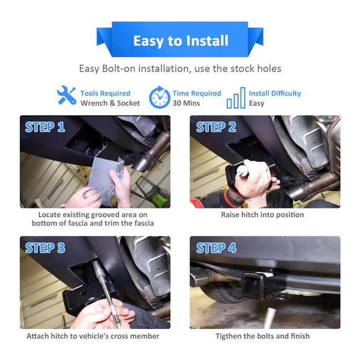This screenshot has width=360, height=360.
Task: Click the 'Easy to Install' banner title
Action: point(180,41)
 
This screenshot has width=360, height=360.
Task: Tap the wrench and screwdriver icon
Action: point(66,96)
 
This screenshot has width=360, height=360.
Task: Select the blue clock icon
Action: point(159,97)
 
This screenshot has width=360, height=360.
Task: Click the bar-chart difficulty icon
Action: point(236,97)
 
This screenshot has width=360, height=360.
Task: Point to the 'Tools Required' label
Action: point(105,93)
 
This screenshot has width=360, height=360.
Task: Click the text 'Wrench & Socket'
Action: point(110,103)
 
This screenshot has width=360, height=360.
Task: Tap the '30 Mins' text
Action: point(186,103)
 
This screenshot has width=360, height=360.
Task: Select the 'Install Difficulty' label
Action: point(274,93)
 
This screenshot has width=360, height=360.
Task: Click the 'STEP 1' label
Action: point(45,127)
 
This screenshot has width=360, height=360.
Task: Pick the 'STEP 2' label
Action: point(216,127)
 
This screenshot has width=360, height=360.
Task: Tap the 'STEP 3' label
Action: point(45,248)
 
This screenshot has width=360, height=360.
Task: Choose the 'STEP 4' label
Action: point(216,248)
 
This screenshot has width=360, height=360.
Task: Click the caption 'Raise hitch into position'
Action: point(263,215)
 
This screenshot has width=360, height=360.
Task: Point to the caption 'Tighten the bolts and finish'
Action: point(263,336)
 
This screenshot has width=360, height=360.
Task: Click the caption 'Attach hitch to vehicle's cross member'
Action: point(92,336)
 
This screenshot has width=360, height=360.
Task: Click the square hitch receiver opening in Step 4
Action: point(252,282)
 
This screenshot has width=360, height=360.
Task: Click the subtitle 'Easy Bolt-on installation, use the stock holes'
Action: point(180,69)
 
